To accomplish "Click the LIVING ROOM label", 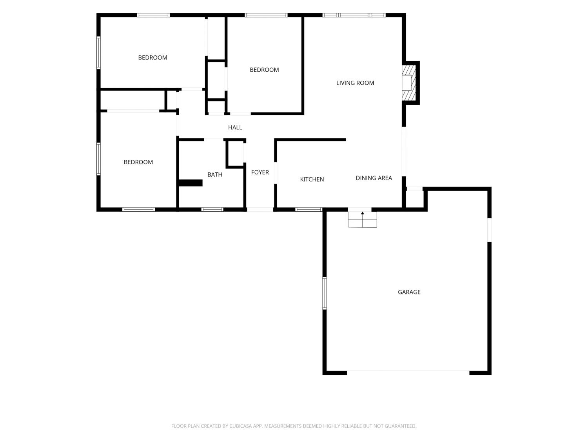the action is tap(355, 83).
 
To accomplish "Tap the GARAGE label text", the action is tap(409, 292).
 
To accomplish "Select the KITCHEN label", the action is tap(312, 180).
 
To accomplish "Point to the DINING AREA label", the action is tap(374, 178).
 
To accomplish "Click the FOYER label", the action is tap(260, 172).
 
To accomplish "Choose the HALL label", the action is tap(235, 127).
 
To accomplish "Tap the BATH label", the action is tap(214, 174).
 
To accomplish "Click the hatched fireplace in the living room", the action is tap(409, 83).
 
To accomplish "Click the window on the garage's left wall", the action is tap(325, 293).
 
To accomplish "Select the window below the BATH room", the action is tap(212, 209).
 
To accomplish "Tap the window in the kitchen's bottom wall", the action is tap(309, 209).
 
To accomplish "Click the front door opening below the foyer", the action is tap(260, 209).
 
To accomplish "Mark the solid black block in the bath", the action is tap(190, 183).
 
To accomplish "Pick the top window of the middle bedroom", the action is tap(266, 15).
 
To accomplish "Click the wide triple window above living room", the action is tap(354, 15).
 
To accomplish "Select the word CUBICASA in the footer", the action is tap(241, 426).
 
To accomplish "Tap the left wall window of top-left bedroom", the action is tap(98, 53).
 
